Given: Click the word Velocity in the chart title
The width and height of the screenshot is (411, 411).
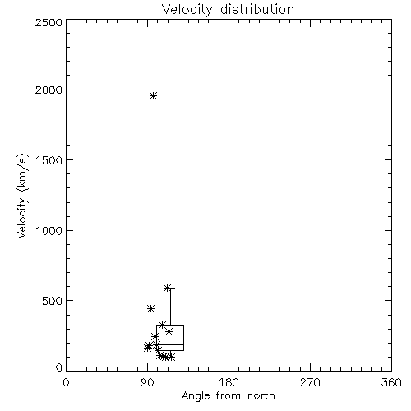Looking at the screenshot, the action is (x=187, y=9).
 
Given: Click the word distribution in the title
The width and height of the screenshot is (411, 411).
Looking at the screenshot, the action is (x=257, y=9).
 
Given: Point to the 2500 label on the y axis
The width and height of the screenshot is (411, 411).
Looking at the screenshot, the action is (x=49, y=22).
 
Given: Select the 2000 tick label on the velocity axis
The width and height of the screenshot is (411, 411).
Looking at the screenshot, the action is (x=49, y=90).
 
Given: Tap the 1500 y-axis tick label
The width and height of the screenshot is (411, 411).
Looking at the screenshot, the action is (x=49, y=159).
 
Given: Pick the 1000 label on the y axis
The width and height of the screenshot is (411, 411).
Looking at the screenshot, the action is (x=49, y=230).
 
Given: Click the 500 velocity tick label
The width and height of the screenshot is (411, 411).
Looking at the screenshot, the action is (x=53, y=300).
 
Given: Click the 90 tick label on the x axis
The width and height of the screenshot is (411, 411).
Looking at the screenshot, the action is (x=147, y=382).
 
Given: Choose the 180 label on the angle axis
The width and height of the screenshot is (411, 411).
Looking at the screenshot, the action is (x=229, y=382).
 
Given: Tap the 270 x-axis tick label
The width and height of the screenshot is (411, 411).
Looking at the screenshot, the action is (x=310, y=382).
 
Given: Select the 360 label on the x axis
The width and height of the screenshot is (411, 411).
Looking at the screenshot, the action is (x=391, y=382).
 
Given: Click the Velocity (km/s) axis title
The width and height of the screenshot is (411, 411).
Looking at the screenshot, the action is (x=22, y=196).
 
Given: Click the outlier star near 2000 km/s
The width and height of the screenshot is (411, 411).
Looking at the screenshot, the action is (x=154, y=96).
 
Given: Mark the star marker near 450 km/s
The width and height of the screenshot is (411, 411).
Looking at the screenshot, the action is (x=150, y=309).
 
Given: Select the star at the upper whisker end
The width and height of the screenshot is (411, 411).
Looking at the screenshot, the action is (x=167, y=288).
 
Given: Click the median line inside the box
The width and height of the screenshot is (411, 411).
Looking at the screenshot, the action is (x=170, y=344).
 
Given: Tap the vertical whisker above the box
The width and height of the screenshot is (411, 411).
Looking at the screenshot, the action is (x=170, y=307).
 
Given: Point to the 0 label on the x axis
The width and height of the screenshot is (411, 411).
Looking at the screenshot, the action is (x=66, y=382).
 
